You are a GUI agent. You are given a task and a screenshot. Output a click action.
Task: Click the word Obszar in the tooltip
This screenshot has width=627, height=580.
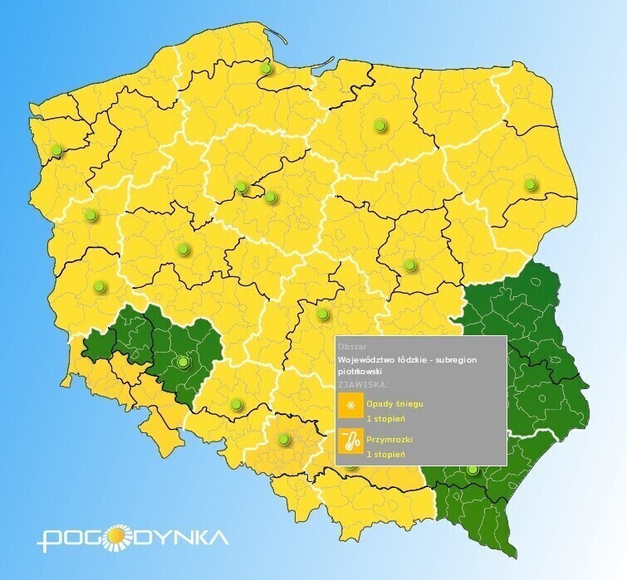pos(353,347)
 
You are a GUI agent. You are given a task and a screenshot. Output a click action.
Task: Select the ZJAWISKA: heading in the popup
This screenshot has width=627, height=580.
pos(362,385)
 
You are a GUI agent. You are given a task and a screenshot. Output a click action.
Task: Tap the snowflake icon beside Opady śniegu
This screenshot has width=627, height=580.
pos(351,406)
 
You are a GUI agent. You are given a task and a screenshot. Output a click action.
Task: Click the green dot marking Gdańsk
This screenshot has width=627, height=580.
pos(266,68)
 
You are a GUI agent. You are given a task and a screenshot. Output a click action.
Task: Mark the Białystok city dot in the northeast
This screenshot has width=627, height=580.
pos(530,185)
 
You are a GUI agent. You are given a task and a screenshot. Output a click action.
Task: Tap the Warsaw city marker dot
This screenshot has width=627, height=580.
pos(409,266)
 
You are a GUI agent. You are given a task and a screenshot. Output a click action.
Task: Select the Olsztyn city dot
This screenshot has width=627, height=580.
pos(380,125)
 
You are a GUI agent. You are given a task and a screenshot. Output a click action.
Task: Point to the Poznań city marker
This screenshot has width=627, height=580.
pos(183,247)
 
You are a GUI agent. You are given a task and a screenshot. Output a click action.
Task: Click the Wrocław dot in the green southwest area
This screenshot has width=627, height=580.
pos(183,362)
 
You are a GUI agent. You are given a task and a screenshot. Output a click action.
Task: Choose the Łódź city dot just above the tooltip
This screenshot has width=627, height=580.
pos(322,314)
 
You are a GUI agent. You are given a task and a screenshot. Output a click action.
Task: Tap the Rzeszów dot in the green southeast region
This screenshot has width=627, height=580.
pos(473,470)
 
